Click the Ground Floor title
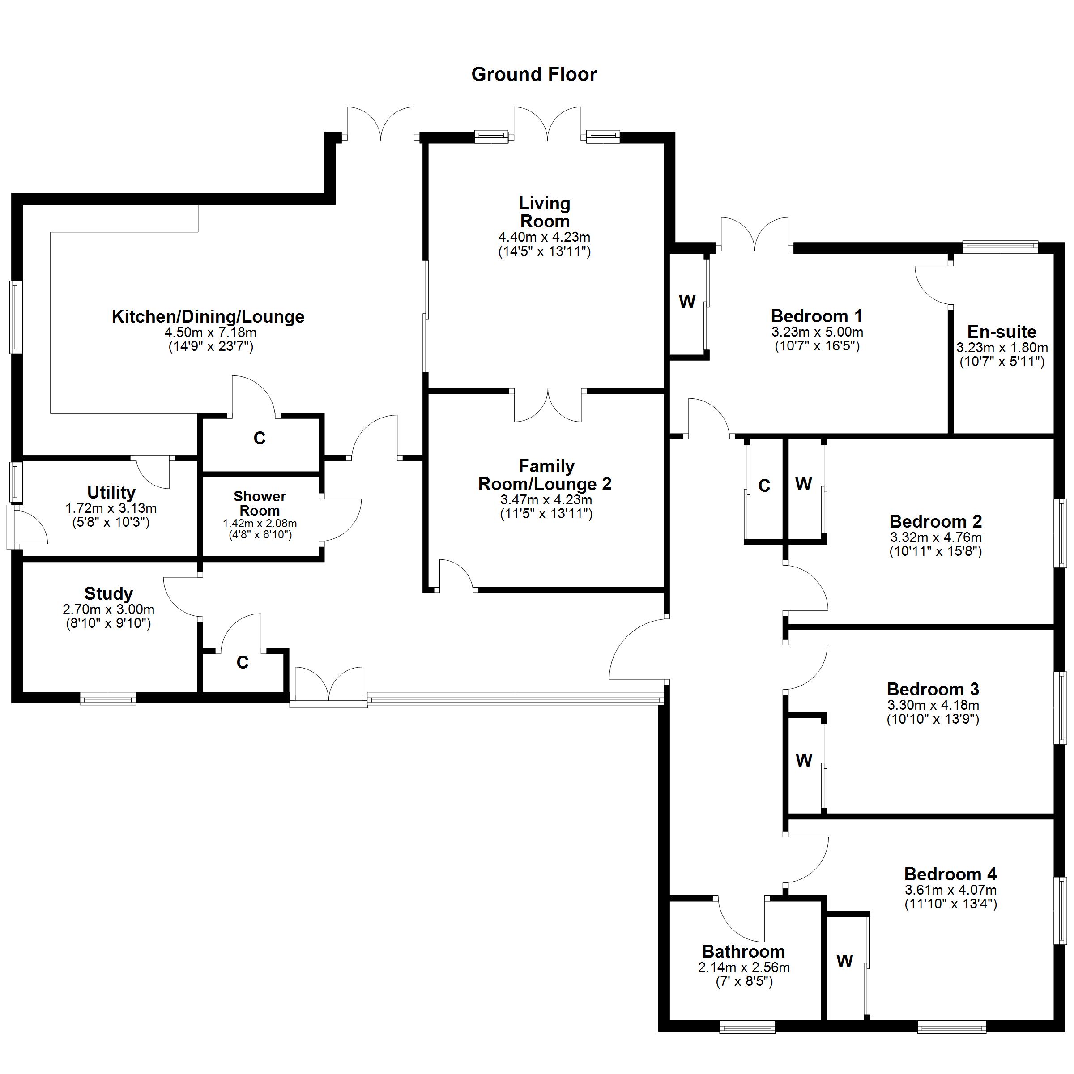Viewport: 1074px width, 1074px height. click(x=534, y=74)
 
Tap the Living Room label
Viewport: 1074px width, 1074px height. click(x=545, y=213)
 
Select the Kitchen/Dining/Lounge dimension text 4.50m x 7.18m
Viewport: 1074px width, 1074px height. click(x=211, y=332)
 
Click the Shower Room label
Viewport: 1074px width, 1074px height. click(x=260, y=503)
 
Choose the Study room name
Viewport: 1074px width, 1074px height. click(x=108, y=594)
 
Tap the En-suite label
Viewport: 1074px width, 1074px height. click(x=1002, y=332)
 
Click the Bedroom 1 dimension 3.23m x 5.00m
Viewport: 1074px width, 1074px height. click(x=817, y=332)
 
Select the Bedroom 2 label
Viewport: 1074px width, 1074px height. click(x=936, y=521)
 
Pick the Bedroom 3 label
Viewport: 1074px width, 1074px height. click(x=933, y=689)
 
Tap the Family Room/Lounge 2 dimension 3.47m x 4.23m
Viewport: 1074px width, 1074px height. click(x=546, y=500)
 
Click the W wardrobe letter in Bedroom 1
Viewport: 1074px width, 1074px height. click(x=687, y=302)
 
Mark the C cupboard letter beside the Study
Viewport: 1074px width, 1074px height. click(x=243, y=662)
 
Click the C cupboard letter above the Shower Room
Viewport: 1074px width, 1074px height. click(x=260, y=438)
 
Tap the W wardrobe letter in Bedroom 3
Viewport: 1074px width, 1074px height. click(x=804, y=760)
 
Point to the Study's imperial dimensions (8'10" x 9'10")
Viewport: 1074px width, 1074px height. click(x=108, y=623)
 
